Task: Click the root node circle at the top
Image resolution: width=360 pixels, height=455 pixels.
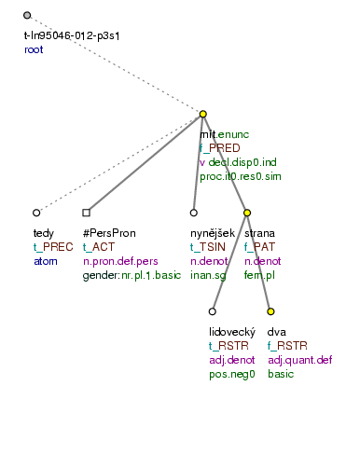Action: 27,16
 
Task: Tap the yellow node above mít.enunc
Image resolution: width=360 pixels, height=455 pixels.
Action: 203,115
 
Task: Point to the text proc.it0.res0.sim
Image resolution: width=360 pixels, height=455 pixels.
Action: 241,175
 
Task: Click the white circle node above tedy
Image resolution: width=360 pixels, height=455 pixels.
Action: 36,213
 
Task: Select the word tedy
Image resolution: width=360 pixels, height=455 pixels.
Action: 43,233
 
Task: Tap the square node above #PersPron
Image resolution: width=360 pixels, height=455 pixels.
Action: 86,213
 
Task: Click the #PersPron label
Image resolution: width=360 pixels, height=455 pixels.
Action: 111,233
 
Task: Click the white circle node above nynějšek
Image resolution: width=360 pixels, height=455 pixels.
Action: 194,213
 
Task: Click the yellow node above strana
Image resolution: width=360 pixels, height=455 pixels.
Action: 247,213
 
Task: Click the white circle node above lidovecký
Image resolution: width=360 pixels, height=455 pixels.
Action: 213,311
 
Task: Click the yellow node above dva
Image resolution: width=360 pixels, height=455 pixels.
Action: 271,311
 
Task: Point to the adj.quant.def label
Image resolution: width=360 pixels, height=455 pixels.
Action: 298,360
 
